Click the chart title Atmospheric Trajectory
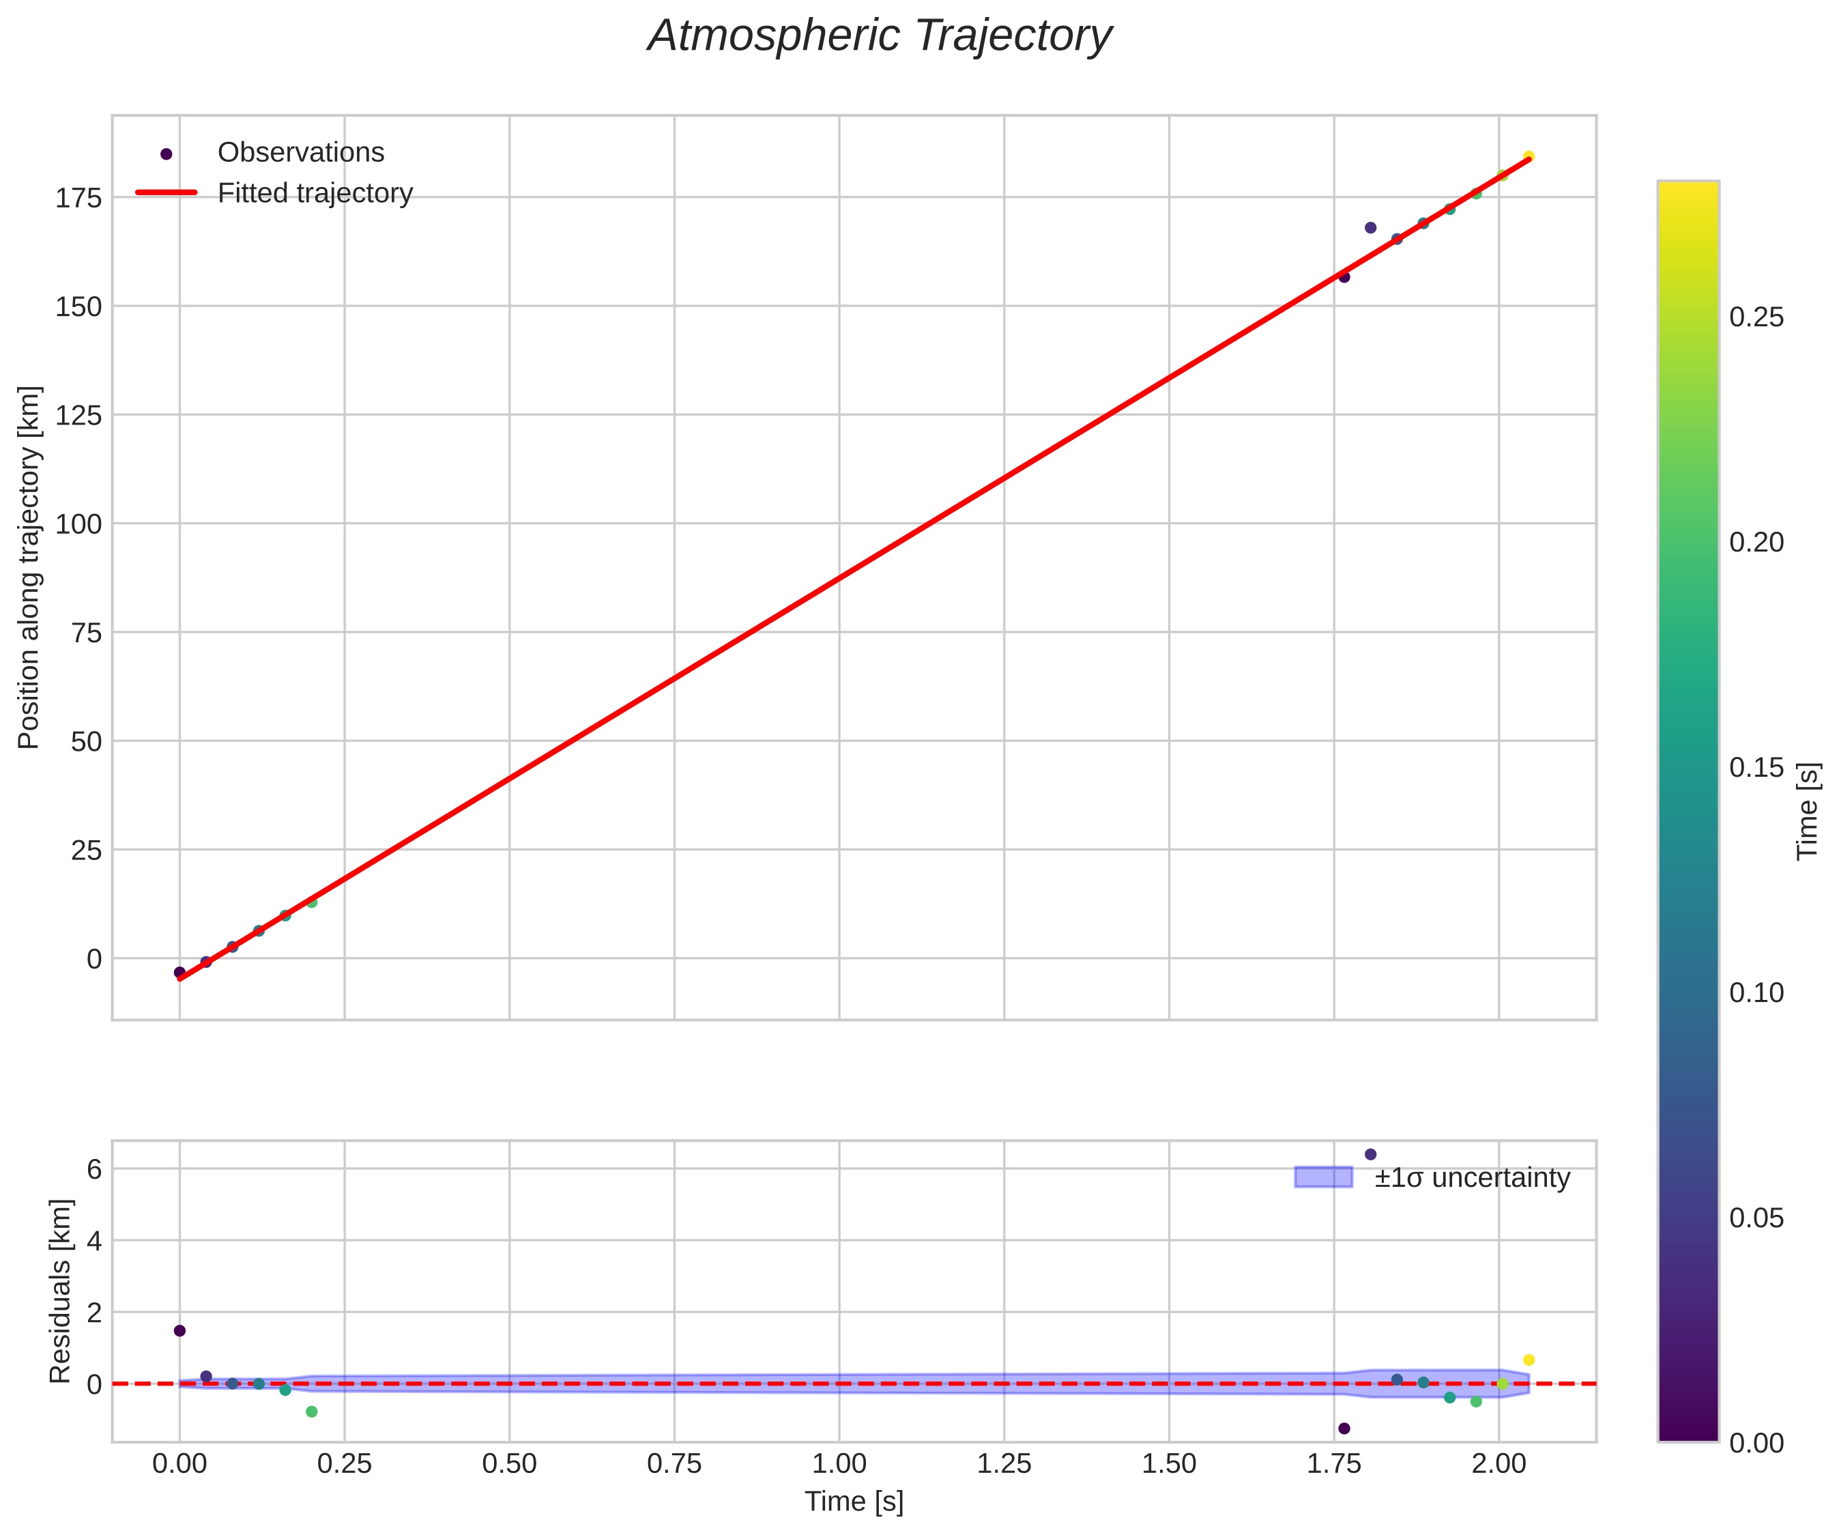coord(879,37)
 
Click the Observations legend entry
coord(300,152)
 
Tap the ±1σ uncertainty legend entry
coord(1471,1178)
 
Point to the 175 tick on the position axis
coord(79,198)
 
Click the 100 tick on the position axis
coord(79,524)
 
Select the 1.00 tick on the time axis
coord(839,1464)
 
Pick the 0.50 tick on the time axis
coord(509,1464)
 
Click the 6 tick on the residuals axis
coord(93,1169)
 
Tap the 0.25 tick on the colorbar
coord(1756,317)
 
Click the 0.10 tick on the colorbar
coord(1756,992)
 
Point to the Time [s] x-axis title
coord(854,1502)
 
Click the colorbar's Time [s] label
coord(1808,811)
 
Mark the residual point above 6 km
coord(1370,1155)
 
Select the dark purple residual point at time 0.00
coord(179,1331)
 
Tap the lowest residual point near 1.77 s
coord(1344,1429)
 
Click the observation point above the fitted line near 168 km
coord(1370,228)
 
